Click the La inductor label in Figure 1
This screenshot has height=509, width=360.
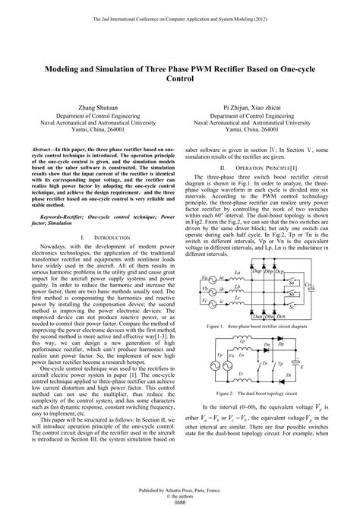[238, 273]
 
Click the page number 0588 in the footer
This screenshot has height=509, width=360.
[180, 501]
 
